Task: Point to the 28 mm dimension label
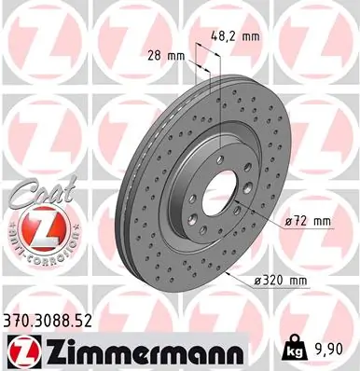[x=164, y=55]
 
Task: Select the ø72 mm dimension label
[x=309, y=220]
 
